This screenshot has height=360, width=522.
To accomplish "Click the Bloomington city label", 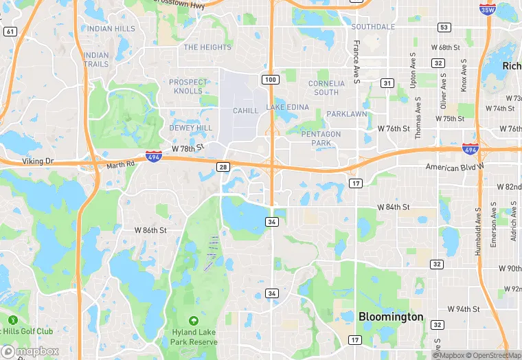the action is coord(391,317).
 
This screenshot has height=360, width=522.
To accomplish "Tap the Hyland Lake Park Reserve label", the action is coord(194,337).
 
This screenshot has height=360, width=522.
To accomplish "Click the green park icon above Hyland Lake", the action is coord(194,320).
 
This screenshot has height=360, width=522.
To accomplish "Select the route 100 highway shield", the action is coord(271,80).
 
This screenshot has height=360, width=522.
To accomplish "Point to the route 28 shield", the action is coord(223,167).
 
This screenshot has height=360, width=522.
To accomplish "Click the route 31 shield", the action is coord(388,83).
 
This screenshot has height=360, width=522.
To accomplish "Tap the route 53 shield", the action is coord(445,27).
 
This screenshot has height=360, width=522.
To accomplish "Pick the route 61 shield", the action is coord(10,32).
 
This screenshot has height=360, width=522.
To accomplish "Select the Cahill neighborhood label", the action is coord(245,111).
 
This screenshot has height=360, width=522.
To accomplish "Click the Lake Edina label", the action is coord(288,108).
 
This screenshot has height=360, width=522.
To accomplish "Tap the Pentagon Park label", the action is coord(321,138).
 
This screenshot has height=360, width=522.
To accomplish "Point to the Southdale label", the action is coord(373,27).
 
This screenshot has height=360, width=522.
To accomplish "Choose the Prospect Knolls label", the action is coord(187,87).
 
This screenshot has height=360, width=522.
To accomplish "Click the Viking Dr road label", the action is coord(38,161).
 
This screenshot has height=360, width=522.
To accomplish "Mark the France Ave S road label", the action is coord(356,63).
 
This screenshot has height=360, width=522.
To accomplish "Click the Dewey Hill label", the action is coord(190,128).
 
